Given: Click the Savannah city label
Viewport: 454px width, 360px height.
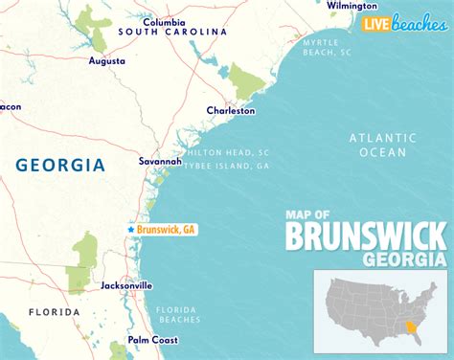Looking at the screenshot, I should point(160,162).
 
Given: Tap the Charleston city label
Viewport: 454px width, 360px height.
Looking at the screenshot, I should point(231,111).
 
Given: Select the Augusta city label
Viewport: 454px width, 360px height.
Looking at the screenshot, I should point(106,60).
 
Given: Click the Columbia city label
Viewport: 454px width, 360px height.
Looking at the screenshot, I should point(164,21).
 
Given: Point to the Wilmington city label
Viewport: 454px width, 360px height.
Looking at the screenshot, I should point(352,6).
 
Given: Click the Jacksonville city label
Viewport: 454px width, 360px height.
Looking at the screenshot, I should point(126,285).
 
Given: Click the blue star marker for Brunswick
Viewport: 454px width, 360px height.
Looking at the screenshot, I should point(130,230).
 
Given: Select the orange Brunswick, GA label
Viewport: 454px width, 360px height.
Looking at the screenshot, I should point(167,230).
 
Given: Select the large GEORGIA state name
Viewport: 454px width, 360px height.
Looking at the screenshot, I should point(60,165).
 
